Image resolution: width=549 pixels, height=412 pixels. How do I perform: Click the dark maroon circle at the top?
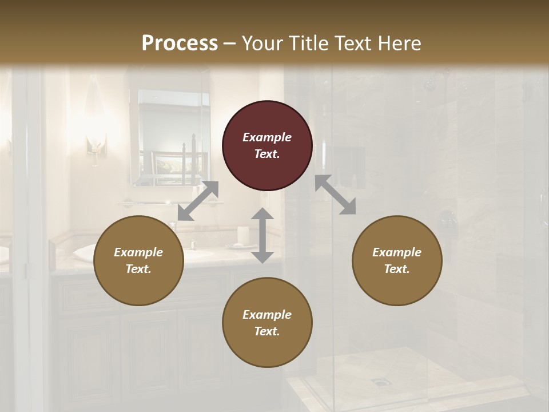(x=267, y=146)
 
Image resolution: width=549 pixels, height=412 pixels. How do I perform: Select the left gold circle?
(x=138, y=261)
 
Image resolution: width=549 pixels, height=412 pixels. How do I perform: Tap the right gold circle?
(x=397, y=261)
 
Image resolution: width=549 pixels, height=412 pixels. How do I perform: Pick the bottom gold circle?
(x=267, y=323)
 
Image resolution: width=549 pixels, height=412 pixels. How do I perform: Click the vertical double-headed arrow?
(x=262, y=235)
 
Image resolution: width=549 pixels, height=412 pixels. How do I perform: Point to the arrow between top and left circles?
(x=198, y=201)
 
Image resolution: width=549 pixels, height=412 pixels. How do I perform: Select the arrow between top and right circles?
(x=336, y=195)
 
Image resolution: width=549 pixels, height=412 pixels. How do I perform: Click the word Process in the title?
(x=180, y=43)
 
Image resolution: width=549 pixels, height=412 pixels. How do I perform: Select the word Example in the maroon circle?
(x=267, y=137)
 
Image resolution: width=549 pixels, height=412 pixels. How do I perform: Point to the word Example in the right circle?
(x=397, y=252)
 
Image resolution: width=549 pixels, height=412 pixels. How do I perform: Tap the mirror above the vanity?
(x=169, y=137)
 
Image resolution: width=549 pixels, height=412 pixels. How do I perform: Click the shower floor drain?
(x=377, y=381)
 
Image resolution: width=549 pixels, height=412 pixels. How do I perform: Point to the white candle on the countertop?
(x=242, y=235)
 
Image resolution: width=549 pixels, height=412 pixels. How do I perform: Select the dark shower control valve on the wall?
(x=447, y=221)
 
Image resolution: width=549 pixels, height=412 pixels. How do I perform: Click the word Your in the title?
(x=264, y=43)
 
